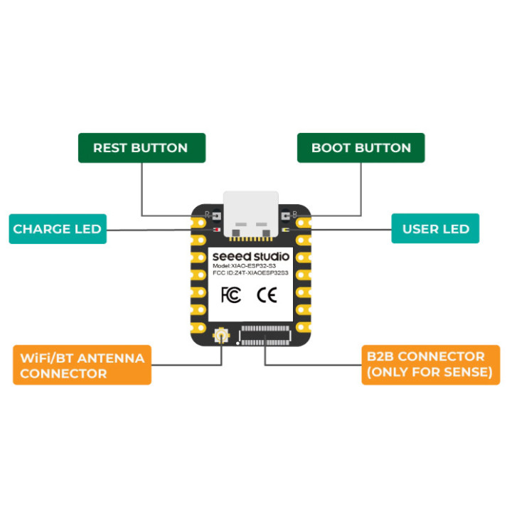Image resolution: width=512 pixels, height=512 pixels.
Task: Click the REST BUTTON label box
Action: [142, 148]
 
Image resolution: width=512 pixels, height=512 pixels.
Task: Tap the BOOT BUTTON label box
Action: [361, 148]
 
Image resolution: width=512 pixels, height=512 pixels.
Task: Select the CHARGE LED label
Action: [58, 229]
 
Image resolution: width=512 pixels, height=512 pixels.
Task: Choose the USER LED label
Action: [435, 228]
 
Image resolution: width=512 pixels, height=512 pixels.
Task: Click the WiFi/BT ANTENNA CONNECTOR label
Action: [82, 365]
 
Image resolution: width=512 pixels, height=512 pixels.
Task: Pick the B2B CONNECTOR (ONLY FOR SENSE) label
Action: [431, 365]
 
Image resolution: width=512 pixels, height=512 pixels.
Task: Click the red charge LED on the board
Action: [217, 230]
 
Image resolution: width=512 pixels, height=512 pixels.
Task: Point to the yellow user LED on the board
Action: [284, 230]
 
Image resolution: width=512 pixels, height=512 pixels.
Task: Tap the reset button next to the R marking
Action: [217, 216]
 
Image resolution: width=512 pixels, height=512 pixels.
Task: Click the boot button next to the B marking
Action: [285, 216]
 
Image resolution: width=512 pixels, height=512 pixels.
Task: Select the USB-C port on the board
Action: [251, 215]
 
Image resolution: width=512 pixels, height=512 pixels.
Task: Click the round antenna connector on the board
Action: [221, 336]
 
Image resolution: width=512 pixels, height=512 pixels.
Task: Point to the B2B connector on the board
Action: [265, 336]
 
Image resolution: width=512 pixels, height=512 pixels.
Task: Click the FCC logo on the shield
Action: [231, 295]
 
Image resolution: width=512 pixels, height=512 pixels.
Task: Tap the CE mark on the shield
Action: [267, 295]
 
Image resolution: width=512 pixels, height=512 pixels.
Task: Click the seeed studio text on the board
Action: [251, 257]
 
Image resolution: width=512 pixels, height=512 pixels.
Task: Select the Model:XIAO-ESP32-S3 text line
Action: [244, 266]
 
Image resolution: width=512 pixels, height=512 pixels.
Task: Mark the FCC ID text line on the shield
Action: [250, 272]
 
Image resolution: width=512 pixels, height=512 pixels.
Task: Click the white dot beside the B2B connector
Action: [238, 343]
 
